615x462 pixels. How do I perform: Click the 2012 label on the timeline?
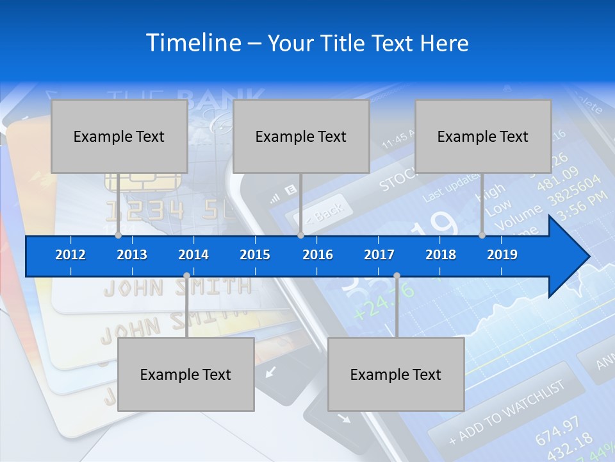(70, 255)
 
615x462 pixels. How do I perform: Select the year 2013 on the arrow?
(132, 255)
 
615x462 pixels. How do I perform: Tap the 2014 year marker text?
(193, 255)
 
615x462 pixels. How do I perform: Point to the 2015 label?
(255, 255)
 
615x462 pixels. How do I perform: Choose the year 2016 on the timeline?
(318, 255)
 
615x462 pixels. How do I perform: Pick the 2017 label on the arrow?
(379, 255)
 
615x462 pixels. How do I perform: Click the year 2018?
(441, 255)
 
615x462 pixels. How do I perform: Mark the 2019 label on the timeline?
(502, 255)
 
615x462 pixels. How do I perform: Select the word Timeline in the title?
(193, 43)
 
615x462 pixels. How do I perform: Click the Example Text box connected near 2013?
(119, 136)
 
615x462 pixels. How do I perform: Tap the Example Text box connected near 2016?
(301, 136)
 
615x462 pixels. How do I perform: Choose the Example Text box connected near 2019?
(483, 136)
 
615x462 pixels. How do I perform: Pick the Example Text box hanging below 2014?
(186, 374)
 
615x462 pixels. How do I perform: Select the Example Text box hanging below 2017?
(396, 374)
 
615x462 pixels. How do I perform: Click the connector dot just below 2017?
(397, 276)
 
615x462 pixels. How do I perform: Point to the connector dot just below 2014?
(186, 276)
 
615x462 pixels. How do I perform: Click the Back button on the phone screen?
(324, 211)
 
